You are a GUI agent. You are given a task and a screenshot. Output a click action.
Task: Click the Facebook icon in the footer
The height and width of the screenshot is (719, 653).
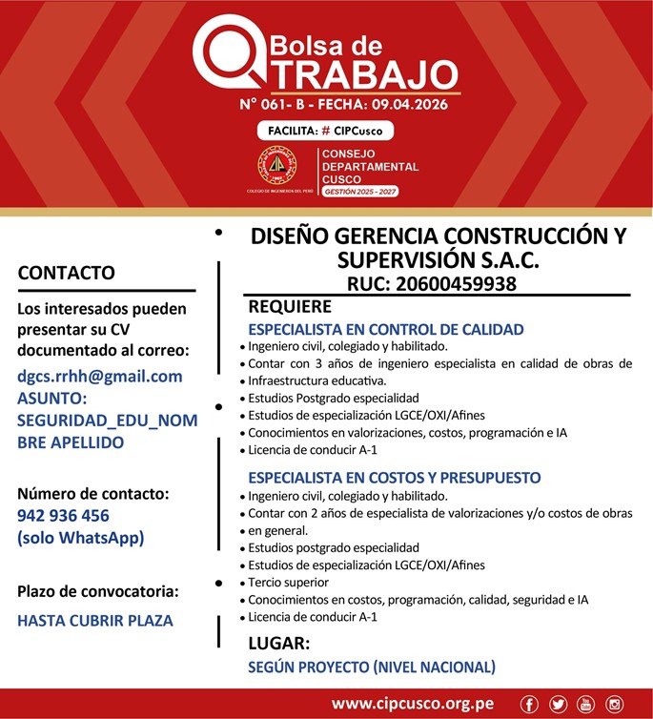click(530, 704)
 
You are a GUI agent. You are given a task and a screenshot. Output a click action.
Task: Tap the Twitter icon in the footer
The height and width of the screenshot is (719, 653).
click(558, 704)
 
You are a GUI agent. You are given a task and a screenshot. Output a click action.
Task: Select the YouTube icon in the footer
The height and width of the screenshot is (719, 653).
click(585, 704)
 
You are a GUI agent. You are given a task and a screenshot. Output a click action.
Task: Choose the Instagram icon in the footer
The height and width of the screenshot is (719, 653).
click(614, 704)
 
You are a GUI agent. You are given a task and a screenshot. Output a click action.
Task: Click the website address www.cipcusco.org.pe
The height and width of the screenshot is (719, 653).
click(412, 704)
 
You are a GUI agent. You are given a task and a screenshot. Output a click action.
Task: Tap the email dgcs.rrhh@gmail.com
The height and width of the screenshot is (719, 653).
click(100, 376)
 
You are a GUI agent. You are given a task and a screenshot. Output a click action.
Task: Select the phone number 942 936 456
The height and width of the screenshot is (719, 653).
click(63, 515)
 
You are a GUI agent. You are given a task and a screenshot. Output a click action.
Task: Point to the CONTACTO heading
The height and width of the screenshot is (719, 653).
click(67, 273)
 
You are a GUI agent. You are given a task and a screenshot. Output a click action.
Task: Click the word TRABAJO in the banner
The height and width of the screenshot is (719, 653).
click(360, 73)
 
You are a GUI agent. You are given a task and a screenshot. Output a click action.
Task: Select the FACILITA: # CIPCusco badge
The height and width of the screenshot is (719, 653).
click(324, 131)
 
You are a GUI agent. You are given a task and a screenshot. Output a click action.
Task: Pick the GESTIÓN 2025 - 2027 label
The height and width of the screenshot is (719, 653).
click(360, 192)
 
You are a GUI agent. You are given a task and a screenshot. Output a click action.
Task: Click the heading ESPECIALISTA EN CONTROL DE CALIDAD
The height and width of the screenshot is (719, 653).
click(385, 329)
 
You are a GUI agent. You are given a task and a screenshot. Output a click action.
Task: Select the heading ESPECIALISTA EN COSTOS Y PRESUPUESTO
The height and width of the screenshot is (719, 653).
click(394, 477)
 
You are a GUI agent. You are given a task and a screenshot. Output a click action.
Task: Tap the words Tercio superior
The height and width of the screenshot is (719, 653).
click(289, 582)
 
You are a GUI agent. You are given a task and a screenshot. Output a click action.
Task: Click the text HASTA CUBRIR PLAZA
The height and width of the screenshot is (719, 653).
click(95, 620)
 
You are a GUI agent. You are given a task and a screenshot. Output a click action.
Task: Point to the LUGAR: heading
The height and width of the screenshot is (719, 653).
click(278, 643)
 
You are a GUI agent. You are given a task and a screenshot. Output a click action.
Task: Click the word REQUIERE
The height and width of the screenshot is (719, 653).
click(290, 306)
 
